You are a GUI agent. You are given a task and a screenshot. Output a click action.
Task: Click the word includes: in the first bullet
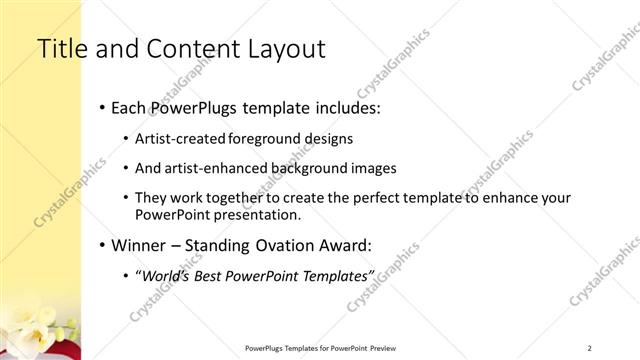click(x=345, y=107)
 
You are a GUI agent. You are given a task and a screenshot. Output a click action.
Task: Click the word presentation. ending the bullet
click(x=254, y=215)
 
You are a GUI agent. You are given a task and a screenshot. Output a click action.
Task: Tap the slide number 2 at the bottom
click(x=590, y=347)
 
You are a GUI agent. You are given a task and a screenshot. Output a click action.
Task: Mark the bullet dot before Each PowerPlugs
click(x=103, y=108)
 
